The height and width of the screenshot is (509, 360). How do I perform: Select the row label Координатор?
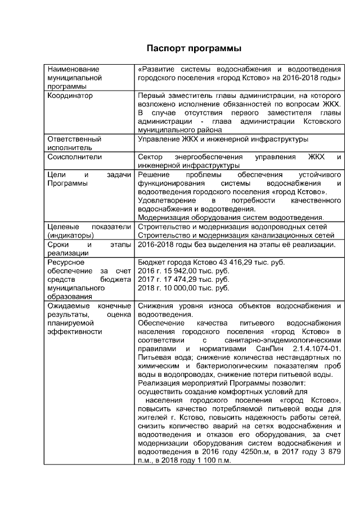coord(70,96)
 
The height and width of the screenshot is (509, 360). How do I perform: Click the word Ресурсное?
coord(66,263)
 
